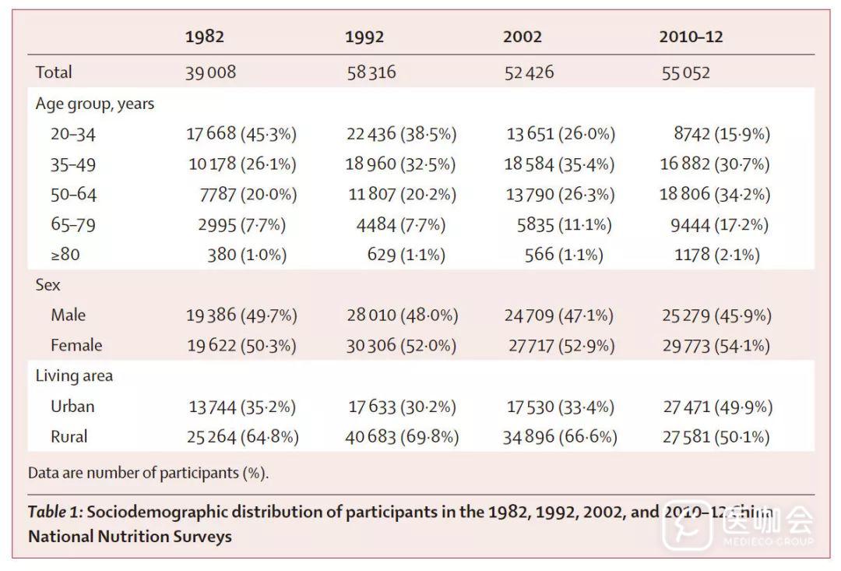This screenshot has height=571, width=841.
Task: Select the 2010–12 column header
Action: point(691,37)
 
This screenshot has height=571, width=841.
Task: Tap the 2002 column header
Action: point(522,37)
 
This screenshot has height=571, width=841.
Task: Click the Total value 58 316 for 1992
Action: point(371,72)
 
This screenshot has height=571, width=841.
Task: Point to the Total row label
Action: point(54,72)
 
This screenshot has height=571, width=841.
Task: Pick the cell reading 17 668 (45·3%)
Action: point(241,134)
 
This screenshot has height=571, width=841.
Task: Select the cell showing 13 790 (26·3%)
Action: point(560,194)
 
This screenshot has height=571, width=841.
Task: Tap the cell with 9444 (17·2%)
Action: point(720,225)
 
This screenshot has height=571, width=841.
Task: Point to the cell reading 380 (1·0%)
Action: point(247,254)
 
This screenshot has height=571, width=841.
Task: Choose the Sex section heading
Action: point(48,285)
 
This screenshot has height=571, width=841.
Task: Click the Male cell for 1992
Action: point(402,315)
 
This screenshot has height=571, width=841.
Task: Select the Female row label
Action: point(76,345)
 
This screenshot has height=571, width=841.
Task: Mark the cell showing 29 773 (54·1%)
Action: point(716,345)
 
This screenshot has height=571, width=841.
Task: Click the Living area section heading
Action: point(74,375)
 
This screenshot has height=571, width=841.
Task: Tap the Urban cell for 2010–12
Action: point(716,407)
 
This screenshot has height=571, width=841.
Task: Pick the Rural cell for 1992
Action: point(402,437)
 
